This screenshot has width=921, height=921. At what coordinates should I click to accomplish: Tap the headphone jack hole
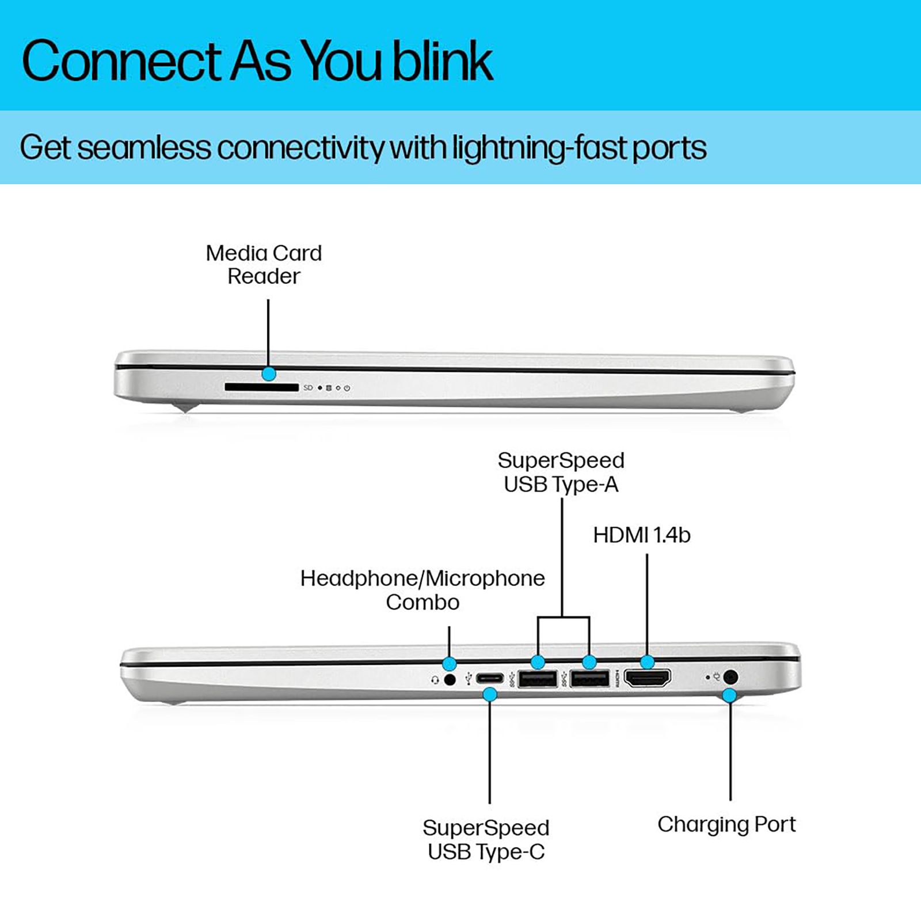point(450,680)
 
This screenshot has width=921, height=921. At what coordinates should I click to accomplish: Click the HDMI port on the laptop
point(647,679)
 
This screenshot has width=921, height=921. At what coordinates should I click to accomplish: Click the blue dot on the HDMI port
point(647,662)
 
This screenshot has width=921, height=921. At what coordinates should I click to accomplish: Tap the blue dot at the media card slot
point(268,374)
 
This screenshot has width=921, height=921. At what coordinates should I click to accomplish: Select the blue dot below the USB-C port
point(490,695)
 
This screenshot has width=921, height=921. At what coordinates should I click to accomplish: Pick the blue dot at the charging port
point(729,695)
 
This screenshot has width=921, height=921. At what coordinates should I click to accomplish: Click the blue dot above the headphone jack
point(450,663)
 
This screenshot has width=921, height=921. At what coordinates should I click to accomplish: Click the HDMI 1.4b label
point(641,535)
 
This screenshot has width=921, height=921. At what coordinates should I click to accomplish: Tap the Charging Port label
point(726,824)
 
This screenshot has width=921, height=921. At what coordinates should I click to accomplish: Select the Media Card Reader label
point(264,265)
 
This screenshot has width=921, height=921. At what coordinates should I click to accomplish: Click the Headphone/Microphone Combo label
point(423,590)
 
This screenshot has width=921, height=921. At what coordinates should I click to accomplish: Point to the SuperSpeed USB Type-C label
point(486,840)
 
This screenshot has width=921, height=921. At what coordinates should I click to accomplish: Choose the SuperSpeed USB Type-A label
point(561,473)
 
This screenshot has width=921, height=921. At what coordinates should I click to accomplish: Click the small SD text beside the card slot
point(308,388)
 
